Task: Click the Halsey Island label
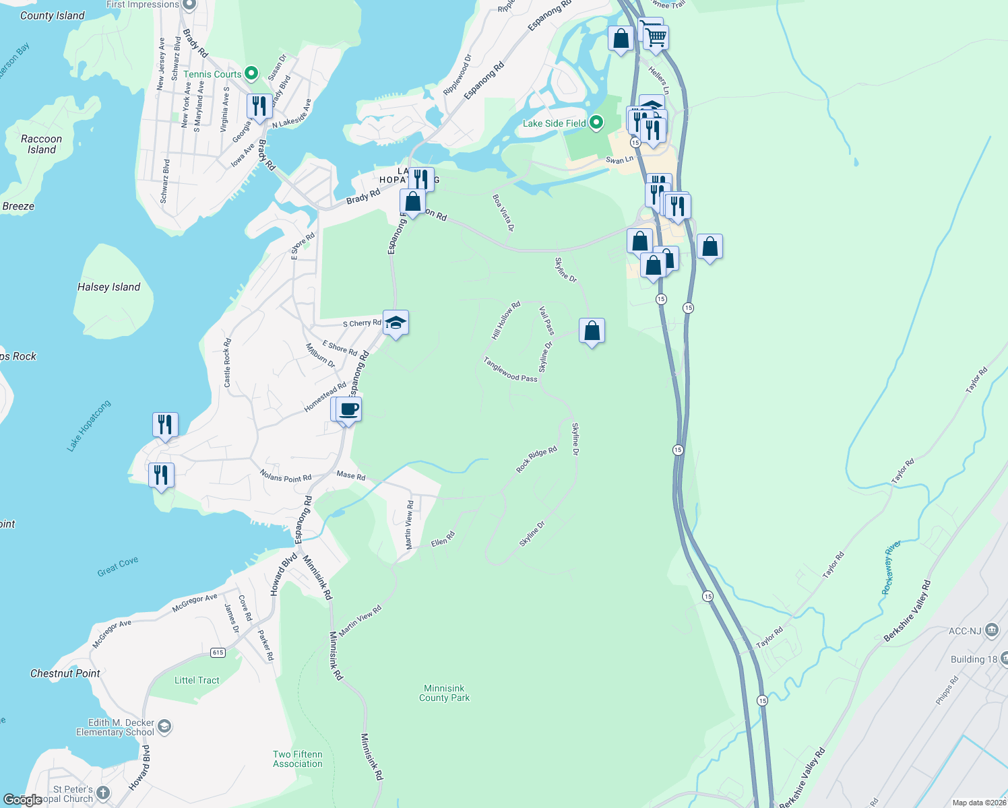pyautogui.click(x=108, y=287)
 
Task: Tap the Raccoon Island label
pyautogui.click(x=41, y=144)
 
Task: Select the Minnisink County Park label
pyautogui.click(x=444, y=693)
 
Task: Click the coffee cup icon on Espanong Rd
pyautogui.click(x=348, y=409)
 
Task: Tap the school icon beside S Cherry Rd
pyautogui.click(x=396, y=323)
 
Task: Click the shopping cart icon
pyautogui.click(x=655, y=36)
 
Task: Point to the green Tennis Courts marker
pyautogui.click(x=251, y=73)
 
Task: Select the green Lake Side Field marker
pyautogui.click(x=596, y=123)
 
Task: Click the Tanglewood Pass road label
pyautogui.click(x=510, y=369)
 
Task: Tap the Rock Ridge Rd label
pyautogui.click(x=536, y=459)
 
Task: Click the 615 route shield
pyautogui.click(x=218, y=652)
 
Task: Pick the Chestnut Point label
pyautogui.click(x=65, y=673)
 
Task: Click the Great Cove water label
pyautogui.click(x=118, y=567)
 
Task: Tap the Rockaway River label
pyautogui.click(x=891, y=567)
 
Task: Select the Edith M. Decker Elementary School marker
pyautogui.click(x=164, y=727)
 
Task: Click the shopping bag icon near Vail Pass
pyautogui.click(x=592, y=331)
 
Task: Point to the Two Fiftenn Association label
pyautogui.click(x=298, y=759)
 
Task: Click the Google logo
pyautogui.click(x=22, y=800)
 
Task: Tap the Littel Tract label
pyautogui.click(x=197, y=680)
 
